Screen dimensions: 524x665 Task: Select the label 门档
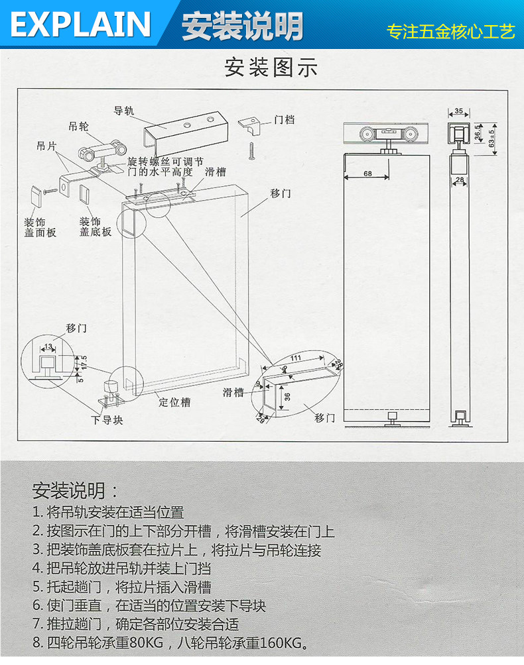coord(285,120)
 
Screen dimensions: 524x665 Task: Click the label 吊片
coord(46,146)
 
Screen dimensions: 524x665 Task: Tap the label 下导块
coord(107,420)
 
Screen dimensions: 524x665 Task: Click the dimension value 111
coord(296,358)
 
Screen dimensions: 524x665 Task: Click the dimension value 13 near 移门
coord(48,346)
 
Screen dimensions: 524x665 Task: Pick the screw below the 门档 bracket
coord(252,150)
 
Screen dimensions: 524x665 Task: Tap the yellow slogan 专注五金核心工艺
coord(451,32)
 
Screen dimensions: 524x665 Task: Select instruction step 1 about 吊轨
coord(108,512)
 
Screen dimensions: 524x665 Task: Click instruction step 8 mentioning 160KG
coord(171,642)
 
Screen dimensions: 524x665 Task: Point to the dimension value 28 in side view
coord(459,179)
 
